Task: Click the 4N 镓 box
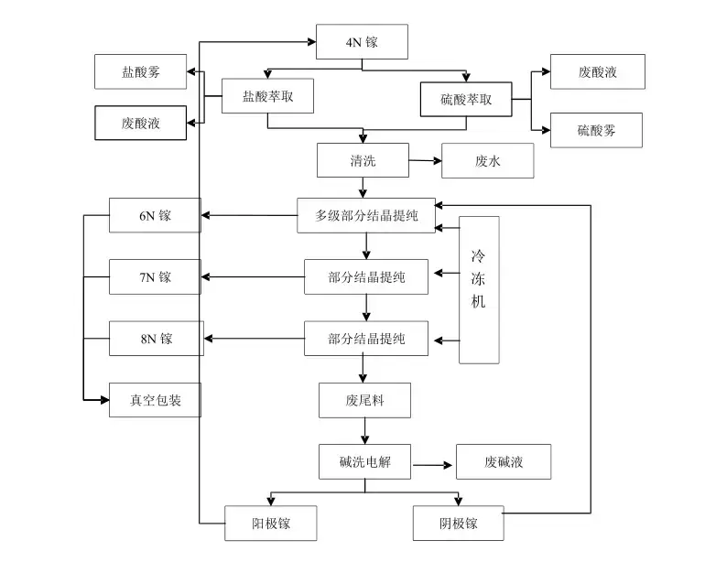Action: (362, 42)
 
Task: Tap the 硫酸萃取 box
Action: (466, 100)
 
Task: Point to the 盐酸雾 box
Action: (141, 71)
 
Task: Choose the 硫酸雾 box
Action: (596, 130)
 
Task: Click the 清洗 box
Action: (363, 160)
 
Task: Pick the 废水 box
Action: (487, 161)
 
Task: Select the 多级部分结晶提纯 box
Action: (366, 216)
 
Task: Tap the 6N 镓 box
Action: (155, 216)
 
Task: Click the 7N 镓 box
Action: (155, 276)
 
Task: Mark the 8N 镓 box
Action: (155, 339)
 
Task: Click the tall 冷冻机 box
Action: (479, 289)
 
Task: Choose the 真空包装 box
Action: (155, 399)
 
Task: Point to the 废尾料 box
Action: (364, 400)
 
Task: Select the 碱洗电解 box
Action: (364, 461)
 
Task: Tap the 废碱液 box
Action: (504, 461)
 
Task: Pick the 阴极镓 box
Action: (458, 524)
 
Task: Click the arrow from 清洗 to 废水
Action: (425, 161)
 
